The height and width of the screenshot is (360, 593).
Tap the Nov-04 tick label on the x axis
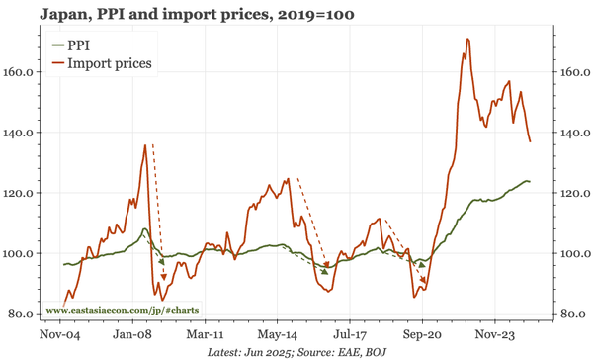(59, 334)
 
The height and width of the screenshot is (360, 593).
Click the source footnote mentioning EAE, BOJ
(297, 351)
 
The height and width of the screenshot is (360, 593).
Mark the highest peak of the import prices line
(466, 40)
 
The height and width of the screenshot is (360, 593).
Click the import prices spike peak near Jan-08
(145, 145)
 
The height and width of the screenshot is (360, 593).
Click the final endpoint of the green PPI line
(530, 181)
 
